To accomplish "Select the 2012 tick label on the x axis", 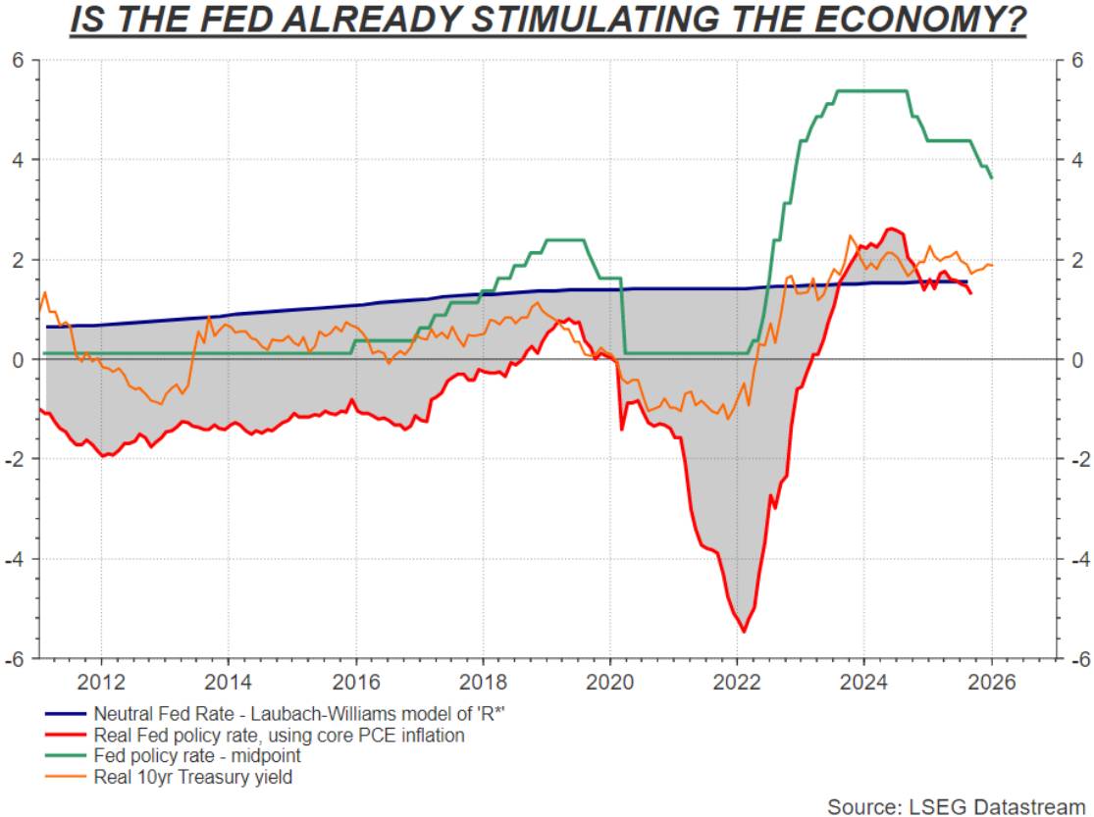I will (x=101, y=682).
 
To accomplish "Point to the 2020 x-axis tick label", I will (x=609, y=682).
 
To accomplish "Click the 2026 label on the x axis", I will (x=990, y=682).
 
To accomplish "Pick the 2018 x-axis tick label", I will (x=482, y=682).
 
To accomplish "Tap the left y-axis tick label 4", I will (x=18, y=160).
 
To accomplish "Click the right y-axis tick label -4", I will (x=1074, y=559).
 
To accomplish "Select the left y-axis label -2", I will (x=15, y=459).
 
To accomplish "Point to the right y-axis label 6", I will (x=1077, y=60).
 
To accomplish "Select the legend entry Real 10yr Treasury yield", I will (x=192, y=778).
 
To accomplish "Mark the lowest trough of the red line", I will (x=743, y=631).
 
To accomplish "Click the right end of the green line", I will (x=991, y=178).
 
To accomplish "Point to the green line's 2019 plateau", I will (x=564, y=239).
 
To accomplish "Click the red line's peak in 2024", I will (x=891, y=229).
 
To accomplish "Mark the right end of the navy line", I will (x=966, y=282).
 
